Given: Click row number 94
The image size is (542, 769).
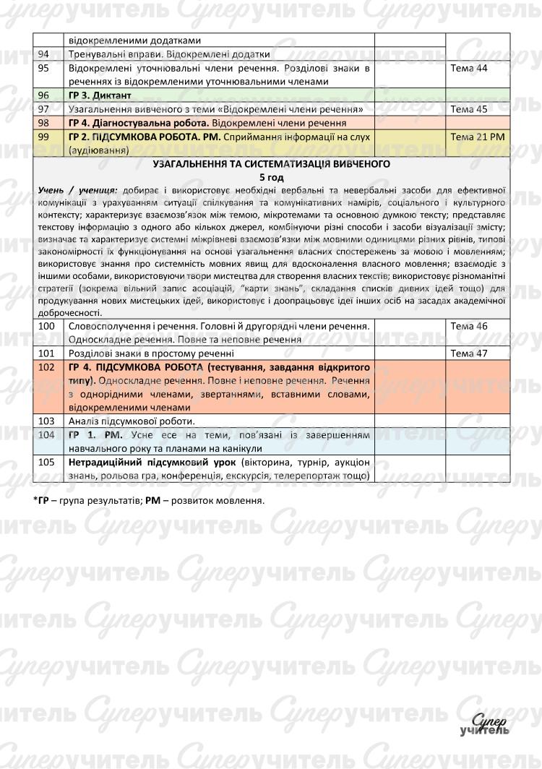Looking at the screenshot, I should click(44, 54).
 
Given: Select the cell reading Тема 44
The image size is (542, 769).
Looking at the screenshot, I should click(469, 68).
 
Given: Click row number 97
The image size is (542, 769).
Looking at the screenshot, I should click(44, 109).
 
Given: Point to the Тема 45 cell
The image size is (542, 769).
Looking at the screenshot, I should click(469, 109).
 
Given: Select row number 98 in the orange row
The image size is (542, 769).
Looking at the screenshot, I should click(44, 123).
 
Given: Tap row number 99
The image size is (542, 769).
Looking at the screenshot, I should click(44, 137).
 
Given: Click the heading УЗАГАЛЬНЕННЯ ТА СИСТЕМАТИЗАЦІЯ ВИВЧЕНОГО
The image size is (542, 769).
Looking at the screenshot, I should click(272, 164).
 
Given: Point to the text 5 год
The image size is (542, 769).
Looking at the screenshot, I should click(272, 177).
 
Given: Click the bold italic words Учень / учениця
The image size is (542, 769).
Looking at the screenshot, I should click(79, 189).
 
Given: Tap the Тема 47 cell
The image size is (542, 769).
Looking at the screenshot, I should click(469, 353).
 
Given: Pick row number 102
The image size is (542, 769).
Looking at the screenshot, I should click(46, 367).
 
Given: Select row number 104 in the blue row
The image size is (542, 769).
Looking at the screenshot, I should click(46, 435).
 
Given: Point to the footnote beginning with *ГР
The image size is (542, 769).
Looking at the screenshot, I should click(149, 499).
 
